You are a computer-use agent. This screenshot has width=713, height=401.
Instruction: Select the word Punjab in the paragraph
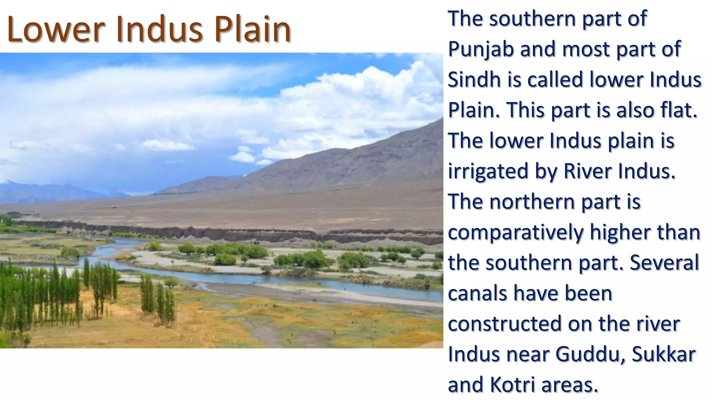(x=481, y=49)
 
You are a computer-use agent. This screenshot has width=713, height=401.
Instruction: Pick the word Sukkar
(x=664, y=354)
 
